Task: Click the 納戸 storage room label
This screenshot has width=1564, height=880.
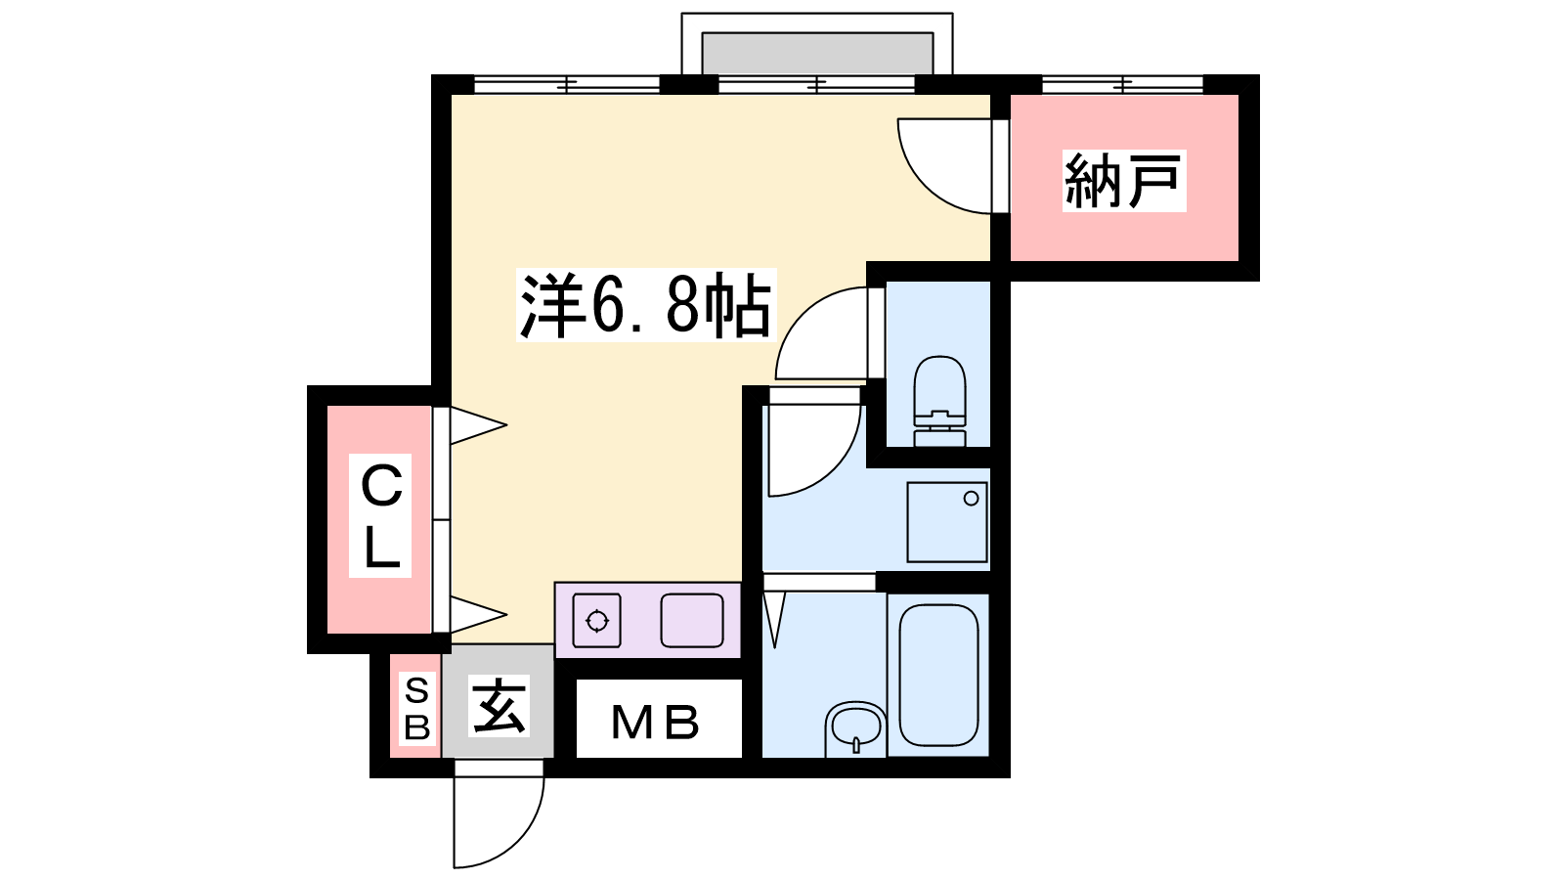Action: tap(1123, 180)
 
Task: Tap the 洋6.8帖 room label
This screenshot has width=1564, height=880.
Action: tap(646, 305)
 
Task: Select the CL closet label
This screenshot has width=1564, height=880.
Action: tap(380, 515)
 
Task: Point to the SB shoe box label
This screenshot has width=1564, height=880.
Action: tap(416, 708)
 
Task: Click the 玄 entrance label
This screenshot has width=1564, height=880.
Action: tap(499, 705)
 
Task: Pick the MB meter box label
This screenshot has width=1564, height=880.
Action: tap(655, 723)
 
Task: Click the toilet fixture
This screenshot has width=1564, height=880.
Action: tap(939, 401)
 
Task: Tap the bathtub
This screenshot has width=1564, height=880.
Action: tap(938, 675)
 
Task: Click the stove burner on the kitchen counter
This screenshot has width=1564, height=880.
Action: tap(597, 621)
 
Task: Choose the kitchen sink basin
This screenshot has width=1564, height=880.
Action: tap(692, 620)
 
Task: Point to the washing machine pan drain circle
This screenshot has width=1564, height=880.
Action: tap(971, 499)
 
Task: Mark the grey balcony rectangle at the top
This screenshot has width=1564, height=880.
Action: tap(817, 53)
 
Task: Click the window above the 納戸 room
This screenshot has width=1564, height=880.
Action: tap(1123, 84)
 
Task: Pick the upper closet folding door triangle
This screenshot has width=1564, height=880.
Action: tap(478, 424)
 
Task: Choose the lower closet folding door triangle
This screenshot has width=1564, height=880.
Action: tap(478, 615)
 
